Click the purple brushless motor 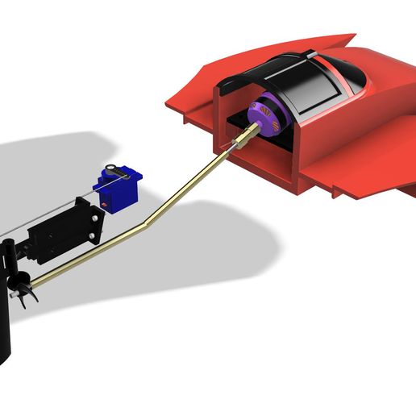[265, 118]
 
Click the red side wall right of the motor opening [302, 161]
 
